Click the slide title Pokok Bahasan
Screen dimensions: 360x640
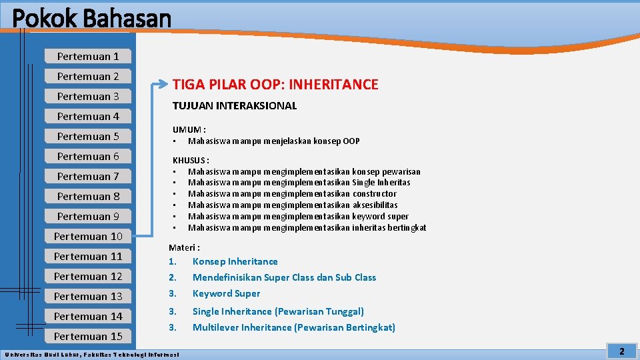pyautogui.click(x=91, y=18)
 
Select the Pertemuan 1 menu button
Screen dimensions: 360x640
pyautogui.click(x=88, y=57)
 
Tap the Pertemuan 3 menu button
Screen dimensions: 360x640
pyautogui.click(x=88, y=97)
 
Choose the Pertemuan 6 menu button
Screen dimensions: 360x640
pyautogui.click(x=88, y=157)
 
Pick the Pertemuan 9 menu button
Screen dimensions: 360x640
pyautogui.click(x=88, y=217)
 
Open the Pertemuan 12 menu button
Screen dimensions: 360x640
pyautogui.click(x=88, y=277)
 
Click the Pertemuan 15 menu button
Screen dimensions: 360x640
pyautogui.click(x=88, y=337)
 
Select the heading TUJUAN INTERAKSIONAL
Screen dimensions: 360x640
pyautogui.click(x=235, y=106)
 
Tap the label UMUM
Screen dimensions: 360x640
pyautogui.click(x=188, y=130)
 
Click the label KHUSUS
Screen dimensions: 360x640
pyautogui.click(x=190, y=161)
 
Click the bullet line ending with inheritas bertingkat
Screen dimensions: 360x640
pyautogui.click(x=307, y=228)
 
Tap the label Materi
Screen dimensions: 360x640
pyautogui.click(x=184, y=247)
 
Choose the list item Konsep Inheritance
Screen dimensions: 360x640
pyautogui.click(x=235, y=262)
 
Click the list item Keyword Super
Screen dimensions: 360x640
pyautogui.click(x=226, y=294)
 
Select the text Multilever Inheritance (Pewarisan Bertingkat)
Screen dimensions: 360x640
pyautogui.click(x=293, y=327)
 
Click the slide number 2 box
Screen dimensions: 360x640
pyautogui.click(x=621, y=351)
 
